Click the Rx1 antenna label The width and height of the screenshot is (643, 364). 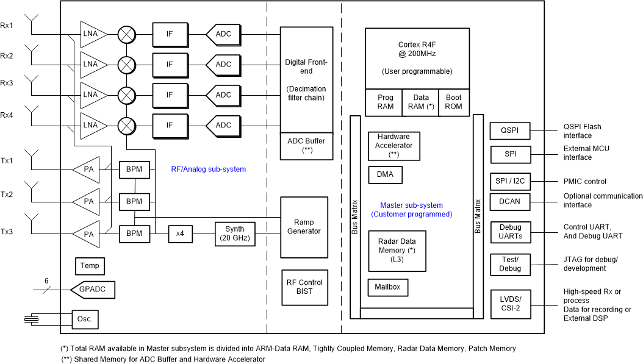pos(7,25)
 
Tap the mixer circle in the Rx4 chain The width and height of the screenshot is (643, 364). pos(126,126)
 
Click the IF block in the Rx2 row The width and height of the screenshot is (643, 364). pos(169,64)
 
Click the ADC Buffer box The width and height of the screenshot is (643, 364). pos(306,145)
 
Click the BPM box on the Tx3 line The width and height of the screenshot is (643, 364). pos(134,234)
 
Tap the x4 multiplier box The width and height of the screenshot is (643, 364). pos(180,234)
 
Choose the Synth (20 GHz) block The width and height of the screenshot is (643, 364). pos(234,234)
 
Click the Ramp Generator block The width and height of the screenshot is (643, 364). pos(304,227)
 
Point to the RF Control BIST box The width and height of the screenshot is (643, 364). pos(304,287)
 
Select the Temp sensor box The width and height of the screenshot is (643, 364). pos(89,266)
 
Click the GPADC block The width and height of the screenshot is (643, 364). pos(93,289)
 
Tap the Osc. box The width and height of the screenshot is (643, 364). pos(84,319)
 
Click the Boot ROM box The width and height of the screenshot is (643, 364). pos(453,102)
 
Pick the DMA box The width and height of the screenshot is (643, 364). pos(385,174)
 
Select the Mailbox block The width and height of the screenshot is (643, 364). pos(388,287)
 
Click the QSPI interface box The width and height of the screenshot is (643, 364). pos(510,130)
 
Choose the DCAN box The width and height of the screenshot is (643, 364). pos(510,201)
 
